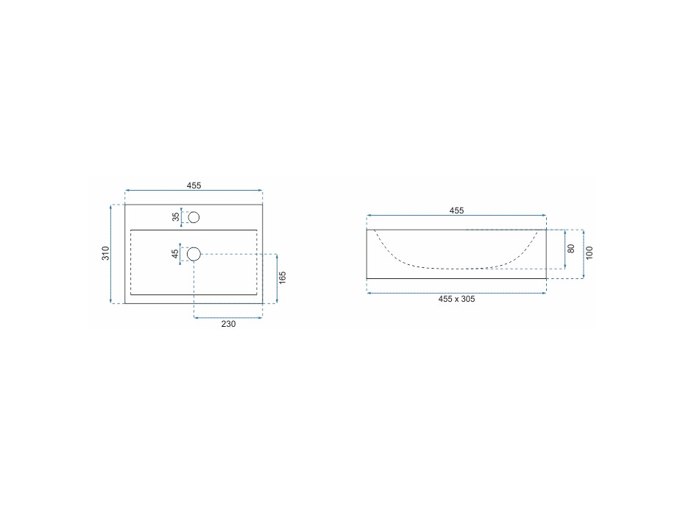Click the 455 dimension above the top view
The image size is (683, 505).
click(x=194, y=186)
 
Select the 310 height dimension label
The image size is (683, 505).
click(x=106, y=253)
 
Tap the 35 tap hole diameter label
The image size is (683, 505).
click(x=176, y=216)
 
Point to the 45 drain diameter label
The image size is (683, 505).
click(x=175, y=253)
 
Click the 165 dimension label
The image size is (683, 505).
click(x=283, y=278)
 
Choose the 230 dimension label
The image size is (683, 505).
click(x=228, y=324)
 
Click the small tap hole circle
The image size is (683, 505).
click(x=194, y=217)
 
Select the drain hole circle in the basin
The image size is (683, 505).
click(x=194, y=253)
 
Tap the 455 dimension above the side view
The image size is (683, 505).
click(x=456, y=211)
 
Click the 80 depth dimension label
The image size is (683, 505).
click(x=571, y=248)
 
